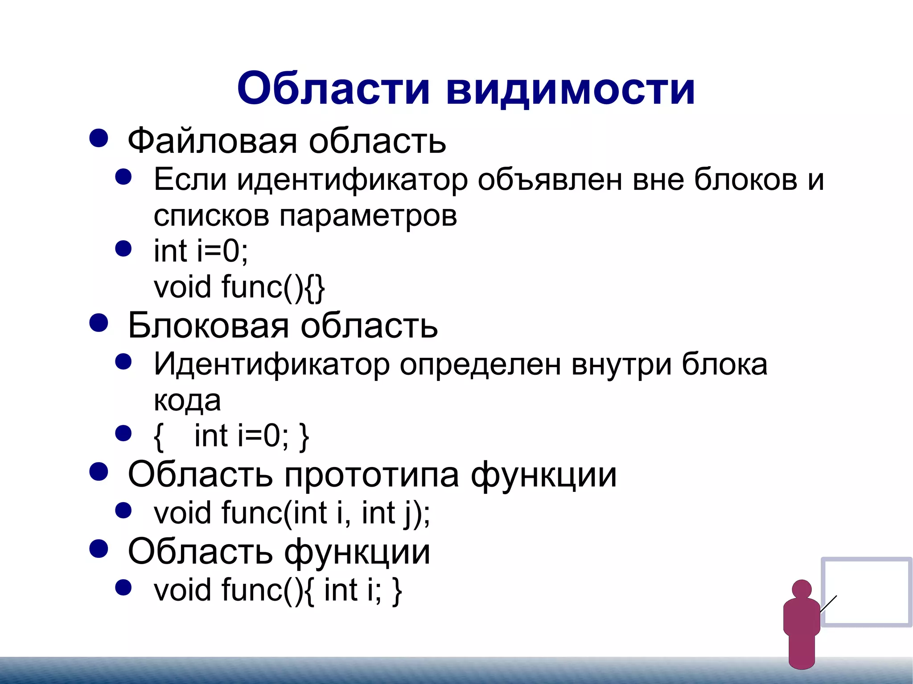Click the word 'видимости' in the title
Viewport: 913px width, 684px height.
pyautogui.click(x=570, y=89)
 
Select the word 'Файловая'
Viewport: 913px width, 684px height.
pyautogui.click(x=212, y=141)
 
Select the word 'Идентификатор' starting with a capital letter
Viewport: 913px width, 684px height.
pyautogui.click(x=271, y=365)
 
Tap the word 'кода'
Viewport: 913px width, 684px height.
pyautogui.click(x=187, y=400)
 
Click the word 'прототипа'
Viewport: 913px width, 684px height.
pyautogui.click(x=372, y=475)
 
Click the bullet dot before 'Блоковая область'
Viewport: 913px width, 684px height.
pyautogui.click(x=99, y=323)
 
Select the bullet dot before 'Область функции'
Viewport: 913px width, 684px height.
pyautogui.click(x=99, y=549)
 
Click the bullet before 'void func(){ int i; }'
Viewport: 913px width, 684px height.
pyautogui.click(x=123, y=588)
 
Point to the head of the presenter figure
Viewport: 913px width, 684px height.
pyautogui.click(x=802, y=589)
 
